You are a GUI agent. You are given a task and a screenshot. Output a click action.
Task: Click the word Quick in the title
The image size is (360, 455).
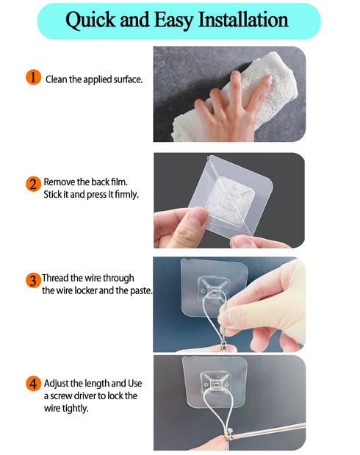tap(90, 21)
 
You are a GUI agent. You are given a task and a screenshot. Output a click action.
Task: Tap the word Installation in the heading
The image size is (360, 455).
tap(243, 20)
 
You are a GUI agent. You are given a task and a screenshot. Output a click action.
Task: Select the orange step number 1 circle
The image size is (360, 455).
tap(33, 77)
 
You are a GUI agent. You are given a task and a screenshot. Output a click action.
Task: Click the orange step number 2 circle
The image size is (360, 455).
tap(33, 184)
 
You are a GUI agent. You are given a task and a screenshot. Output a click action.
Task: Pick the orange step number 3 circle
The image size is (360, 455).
tap(33, 280)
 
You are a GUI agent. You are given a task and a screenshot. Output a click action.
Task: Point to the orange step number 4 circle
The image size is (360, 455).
tap(33, 383)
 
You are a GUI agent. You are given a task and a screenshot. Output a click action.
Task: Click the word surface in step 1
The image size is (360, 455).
tap(128, 79)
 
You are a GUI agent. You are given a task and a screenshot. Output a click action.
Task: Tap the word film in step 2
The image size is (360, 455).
tap(119, 182)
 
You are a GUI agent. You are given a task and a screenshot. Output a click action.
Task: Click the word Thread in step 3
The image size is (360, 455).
tap(55, 278)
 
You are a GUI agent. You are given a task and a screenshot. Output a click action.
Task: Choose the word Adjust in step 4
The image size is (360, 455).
tap(57, 384)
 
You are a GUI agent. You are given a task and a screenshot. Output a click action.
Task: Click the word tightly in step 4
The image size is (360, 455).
tap(75, 409)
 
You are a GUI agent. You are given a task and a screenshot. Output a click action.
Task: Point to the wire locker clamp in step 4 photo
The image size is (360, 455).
tap(229, 434)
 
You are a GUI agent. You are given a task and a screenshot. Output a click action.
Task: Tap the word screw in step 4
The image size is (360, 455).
tap(61, 396)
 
